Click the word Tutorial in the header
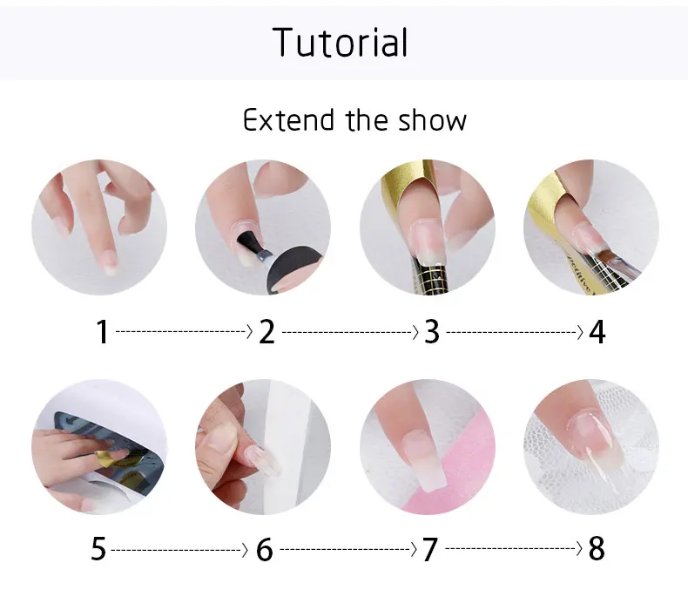tap(340, 42)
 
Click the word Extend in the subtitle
tap(288, 120)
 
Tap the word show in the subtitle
tap(432, 120)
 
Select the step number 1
tap(102, 331)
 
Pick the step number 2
tap(266, 331)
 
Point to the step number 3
tap(432, 331)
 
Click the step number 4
tap(597, 331)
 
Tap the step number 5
tap(98, 549)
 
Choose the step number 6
tap(264, 549)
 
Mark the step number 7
tap(430, 549)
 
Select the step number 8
tap(597, 549)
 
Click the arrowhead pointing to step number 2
tap(250, 331)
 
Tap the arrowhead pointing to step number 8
tap(580, 548)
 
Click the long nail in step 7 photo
tap(423, 461)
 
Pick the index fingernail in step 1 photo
tap(110, 261)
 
